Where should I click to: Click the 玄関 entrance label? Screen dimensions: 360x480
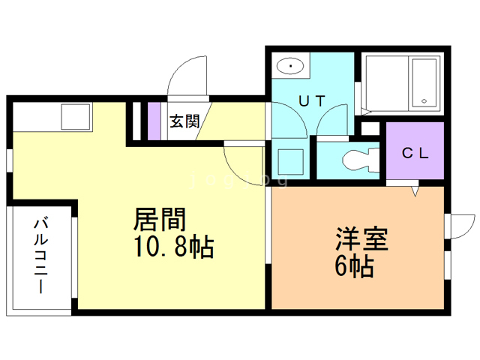pyautogui.click(x=183, y=121)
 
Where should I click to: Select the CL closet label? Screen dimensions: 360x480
pyautogui.click(x=415, y=154)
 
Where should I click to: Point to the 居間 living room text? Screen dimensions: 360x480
pyautogui.click(x=159, y=220)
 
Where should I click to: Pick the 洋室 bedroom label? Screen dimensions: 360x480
pyautogui.click(x=361, y=241)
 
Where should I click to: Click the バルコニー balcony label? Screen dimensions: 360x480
pyautogui.click(x=40, y=255)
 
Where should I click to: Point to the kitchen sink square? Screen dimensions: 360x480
pyautogui.click(x=76, y=116)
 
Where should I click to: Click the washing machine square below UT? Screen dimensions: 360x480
pyautogui.click(x=289, y=160)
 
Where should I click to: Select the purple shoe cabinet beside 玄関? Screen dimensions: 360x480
pyautogui.click(x=154, y=119)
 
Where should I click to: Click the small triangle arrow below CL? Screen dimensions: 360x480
pyautogui.click(x=413, y=192)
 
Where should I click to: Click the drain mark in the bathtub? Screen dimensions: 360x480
pyautogui.click(x=424, y=101)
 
